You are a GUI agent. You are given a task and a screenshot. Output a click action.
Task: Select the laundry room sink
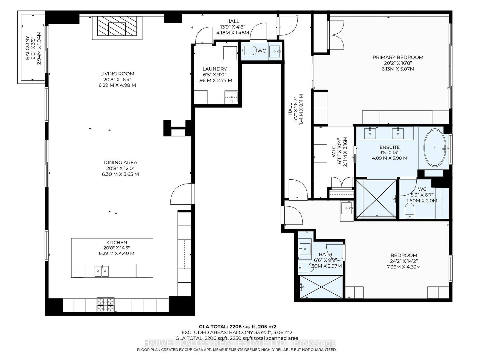click(231, 97)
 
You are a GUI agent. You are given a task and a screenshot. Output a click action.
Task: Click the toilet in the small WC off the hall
click(249, 51)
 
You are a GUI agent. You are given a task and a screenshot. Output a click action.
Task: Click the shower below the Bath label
click(321, 287)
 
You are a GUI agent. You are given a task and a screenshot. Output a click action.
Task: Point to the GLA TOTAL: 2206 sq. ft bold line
click(238, 327)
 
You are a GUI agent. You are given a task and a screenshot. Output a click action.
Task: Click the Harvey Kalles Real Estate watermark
click(240, 343)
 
